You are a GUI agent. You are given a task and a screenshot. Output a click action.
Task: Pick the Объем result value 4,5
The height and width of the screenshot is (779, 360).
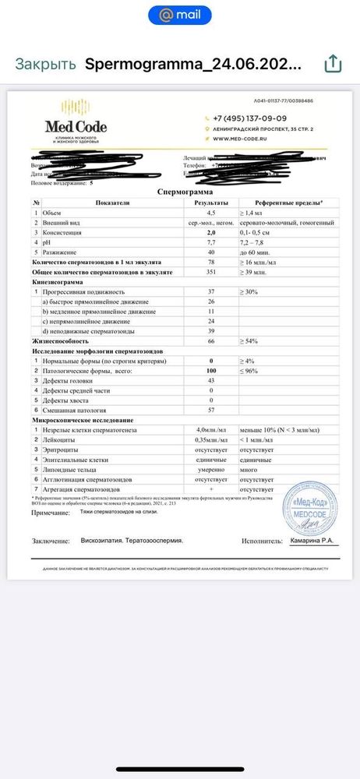click(210, 212)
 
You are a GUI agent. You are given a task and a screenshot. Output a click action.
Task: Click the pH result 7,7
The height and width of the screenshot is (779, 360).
click(210, 242)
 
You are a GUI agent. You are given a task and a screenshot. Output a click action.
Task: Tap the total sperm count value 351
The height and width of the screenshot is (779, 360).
click(210, 272)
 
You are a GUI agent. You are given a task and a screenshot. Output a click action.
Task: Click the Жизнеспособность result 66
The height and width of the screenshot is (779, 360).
click(210, 341)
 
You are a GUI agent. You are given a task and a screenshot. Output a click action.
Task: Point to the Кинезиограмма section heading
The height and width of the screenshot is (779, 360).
click(58, 282)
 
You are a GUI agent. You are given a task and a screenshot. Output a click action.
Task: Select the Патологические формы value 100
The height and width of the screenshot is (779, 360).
click(210, 371)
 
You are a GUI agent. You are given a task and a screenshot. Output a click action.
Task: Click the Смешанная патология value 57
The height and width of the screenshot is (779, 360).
click(210, 410)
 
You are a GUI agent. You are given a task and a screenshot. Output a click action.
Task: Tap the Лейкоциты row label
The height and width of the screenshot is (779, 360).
click(58, 439)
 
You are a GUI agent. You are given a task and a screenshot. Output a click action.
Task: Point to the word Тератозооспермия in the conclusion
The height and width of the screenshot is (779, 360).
click(159, 540)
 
